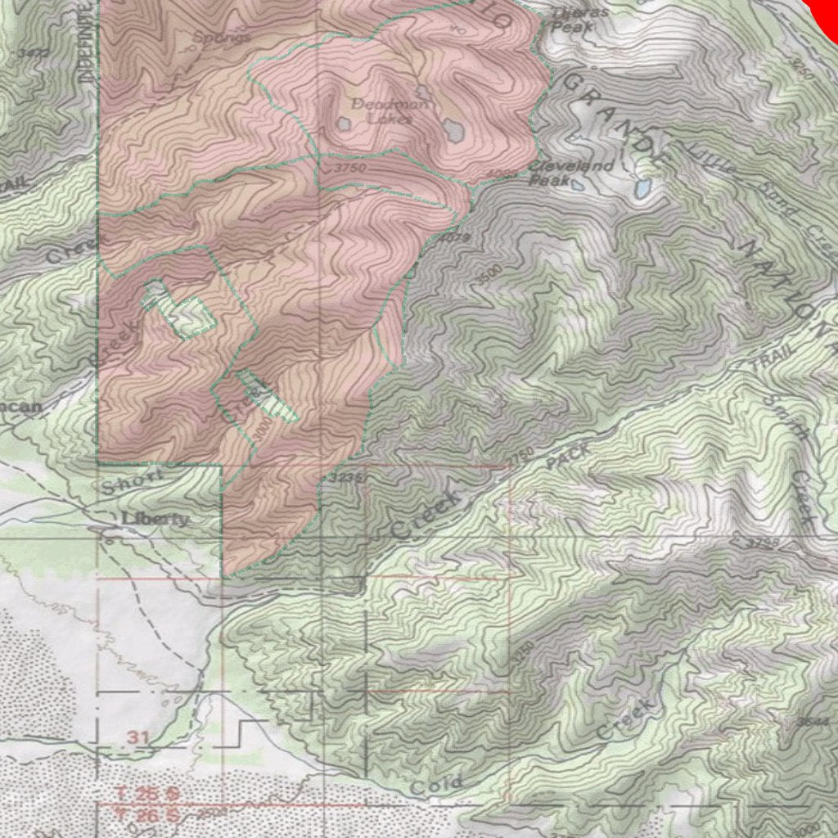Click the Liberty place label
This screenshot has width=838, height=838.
click(x=155, y=519)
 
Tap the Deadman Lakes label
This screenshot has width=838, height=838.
click(x=378, y=110)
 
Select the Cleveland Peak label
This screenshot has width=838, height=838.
click(x=571, y=172)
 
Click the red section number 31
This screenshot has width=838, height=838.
click(x=139, y=737)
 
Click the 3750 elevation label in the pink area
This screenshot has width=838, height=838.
click(x=349, y=167)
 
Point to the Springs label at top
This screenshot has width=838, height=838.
click(x=221, y=37)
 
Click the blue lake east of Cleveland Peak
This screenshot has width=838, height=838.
click(x=642, y=190)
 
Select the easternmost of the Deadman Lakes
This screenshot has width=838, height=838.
click(x=451, y=128)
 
